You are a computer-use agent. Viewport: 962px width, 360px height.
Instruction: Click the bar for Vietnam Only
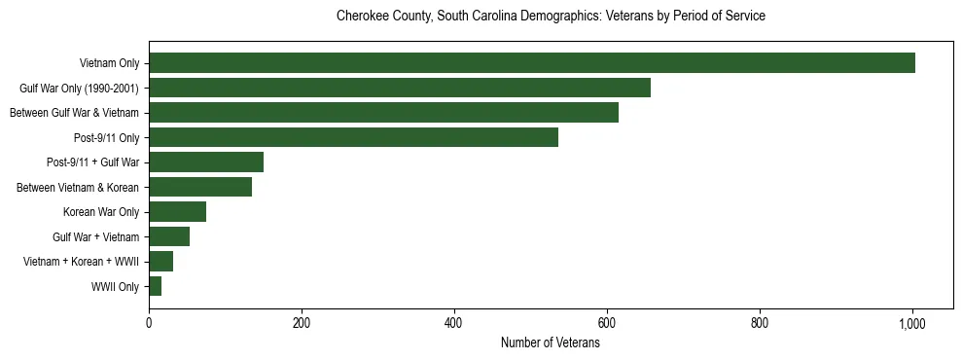[x=532, y=63]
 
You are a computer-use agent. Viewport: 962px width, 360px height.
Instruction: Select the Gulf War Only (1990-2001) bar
[x=400, y=89]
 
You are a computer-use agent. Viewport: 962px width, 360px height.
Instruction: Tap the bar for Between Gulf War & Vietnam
[x=383, y=113]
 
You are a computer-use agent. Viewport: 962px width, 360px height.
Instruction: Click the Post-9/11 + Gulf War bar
[x=206, y=162]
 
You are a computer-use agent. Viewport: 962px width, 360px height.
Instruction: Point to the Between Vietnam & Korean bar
[x=200, y=187]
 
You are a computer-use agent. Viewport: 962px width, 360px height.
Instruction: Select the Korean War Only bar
[x=177, y=212]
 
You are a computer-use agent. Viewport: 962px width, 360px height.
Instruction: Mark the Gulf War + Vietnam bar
[x=169, y=236]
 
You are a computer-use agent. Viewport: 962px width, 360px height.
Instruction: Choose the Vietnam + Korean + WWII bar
[x=160, y=262]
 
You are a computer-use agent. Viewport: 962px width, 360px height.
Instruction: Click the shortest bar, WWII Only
[x=155, y=286]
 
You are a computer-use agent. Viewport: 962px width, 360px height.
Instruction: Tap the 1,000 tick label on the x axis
[x=912, y=323]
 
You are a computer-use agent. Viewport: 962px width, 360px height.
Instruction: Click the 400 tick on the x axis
[x=454, y=323]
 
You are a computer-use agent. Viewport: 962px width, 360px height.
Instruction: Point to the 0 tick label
[x=149, y=323]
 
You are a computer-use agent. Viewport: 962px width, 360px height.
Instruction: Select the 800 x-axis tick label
[x=760, y=323]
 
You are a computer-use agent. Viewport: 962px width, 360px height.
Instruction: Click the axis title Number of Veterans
[x=550, y=343]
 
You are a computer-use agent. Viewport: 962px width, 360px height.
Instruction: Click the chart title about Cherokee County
[x=550, y=17]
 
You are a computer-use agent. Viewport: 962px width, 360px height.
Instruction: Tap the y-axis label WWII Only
[x=115, y=287]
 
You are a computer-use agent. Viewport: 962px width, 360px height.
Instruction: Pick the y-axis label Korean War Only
[x=101, y=212]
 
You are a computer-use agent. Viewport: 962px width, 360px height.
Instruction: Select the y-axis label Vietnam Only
[x=109, y=64]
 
